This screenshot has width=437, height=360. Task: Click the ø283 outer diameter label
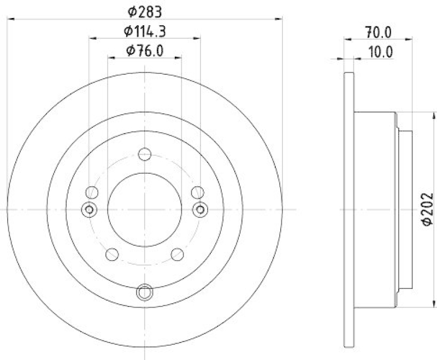click(x=144, y=10)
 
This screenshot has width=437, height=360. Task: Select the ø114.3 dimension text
click(x=144, y=31)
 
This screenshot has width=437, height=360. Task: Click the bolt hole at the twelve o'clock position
click(x=144, y=155)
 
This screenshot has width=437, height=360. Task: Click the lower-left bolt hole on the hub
click(x=112, y=254)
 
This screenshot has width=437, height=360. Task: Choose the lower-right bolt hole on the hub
click(x=177, y=254)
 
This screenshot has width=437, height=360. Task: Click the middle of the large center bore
click(x=144, y=209)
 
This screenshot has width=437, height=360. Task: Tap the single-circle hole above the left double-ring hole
click(x=92, y=192)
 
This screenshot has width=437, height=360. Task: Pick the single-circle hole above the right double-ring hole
click(x=197, y=192)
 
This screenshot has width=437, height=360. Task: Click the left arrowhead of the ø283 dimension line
click(x=10, y=19)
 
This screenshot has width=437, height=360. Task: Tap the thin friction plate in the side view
click(x=349, y=210)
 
